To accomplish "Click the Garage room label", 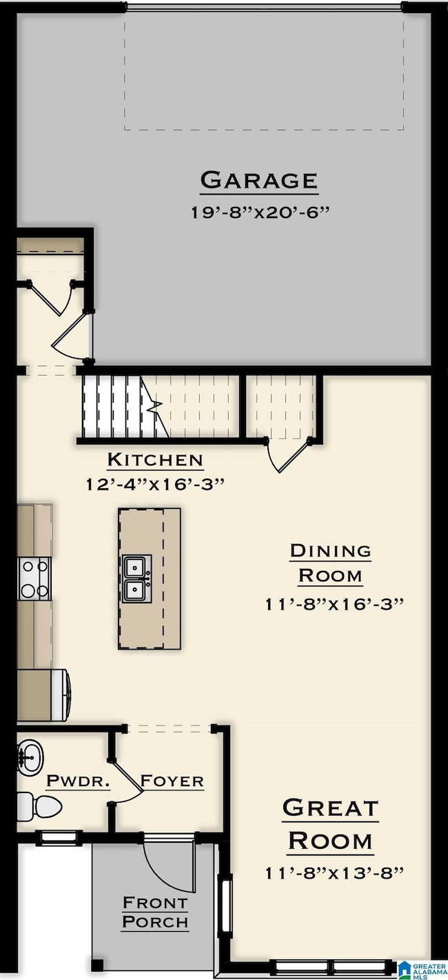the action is click(x=259, y=180).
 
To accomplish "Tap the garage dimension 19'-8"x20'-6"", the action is click(x=260, y=212).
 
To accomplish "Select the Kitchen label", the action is click(x=155, y=459).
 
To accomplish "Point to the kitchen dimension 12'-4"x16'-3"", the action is click(x=155, y=484).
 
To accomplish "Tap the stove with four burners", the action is click(x=34, y=579).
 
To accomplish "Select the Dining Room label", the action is click(x=330, y=563).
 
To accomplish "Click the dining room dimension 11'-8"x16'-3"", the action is click(x=334, y=604).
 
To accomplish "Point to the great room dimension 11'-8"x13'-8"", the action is click(x=334, y=873).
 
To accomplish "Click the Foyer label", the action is click(x=172, y=780).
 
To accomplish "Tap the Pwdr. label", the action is click(x=79, y=780).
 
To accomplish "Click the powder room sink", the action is click(x=30, y=757).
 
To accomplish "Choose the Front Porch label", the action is click(x=155, y=912).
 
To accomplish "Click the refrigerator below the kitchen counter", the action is click(x=43, y=694).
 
